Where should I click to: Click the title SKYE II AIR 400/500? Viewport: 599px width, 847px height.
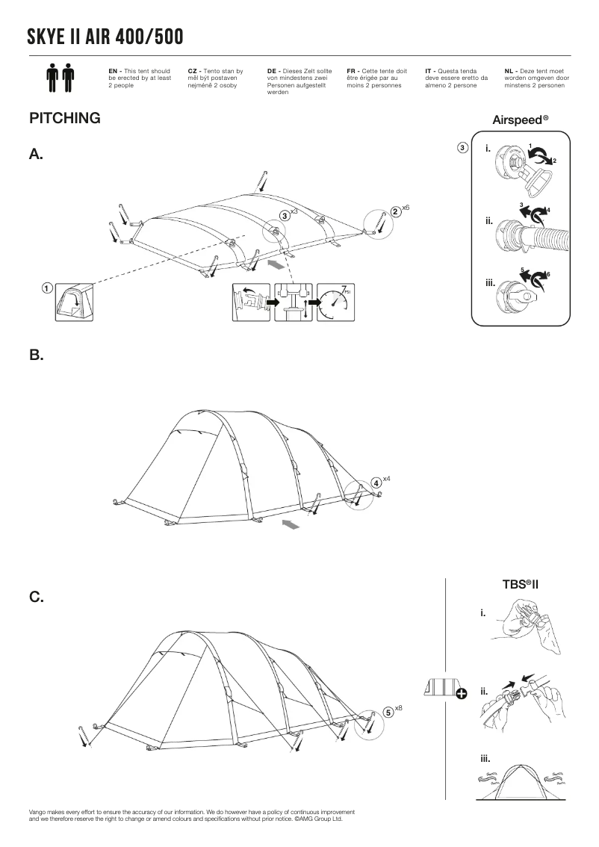pos(105,37)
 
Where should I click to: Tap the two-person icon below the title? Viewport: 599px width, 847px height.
pos(60,78)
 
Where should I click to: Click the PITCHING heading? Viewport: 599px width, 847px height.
pos(64,118)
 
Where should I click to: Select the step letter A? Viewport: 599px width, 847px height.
pos(36,154)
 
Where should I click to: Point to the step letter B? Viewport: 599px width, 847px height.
pos(36,356)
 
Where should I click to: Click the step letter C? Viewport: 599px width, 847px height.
pos(36,598)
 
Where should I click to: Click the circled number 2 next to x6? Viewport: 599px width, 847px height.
pos(394,212)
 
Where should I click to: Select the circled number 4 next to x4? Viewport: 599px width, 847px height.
pos(376,483)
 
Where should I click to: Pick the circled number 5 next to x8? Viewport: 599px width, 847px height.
pos(388,711)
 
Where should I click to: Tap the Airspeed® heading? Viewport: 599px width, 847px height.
pos(521,120)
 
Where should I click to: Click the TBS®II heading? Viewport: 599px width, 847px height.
pos(521,584)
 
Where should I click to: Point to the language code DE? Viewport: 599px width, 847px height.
pos(272,70)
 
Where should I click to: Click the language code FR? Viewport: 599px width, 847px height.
pos(351,70)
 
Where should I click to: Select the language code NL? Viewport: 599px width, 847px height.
pos(509,70)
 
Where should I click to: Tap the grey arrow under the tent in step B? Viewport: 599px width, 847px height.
pos(291,527)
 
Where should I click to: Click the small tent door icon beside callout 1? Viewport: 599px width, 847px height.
pos(74,302)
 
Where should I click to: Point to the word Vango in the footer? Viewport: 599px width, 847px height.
pos(37,811)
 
